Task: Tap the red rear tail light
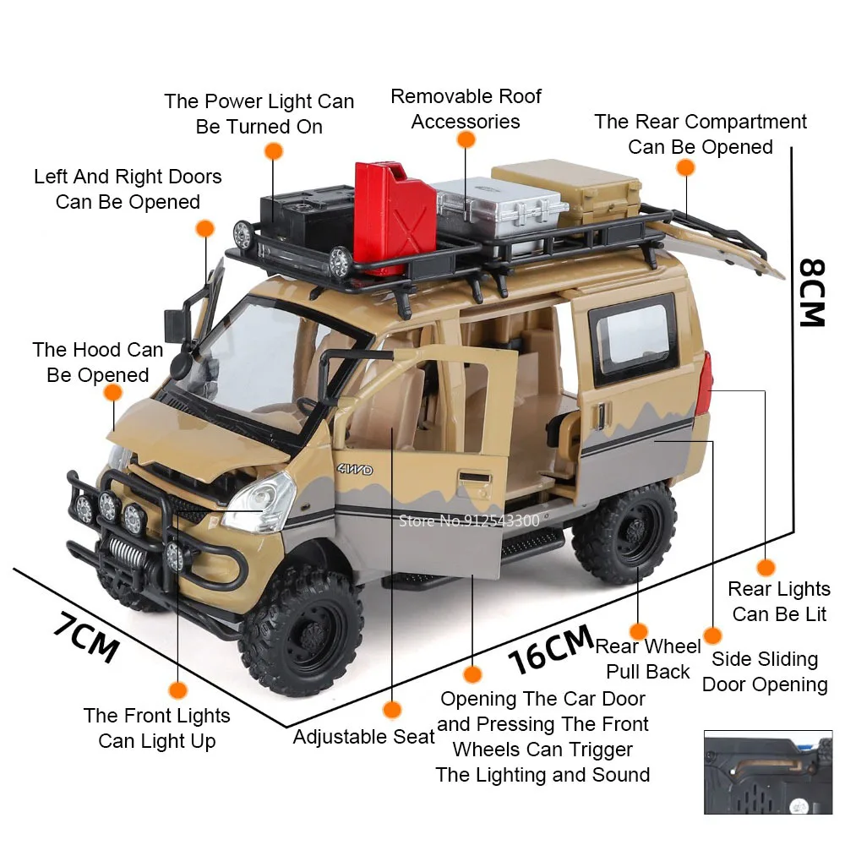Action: coord(703,384)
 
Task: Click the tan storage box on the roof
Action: coord(566,190)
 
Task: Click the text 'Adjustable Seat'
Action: coord(363,737)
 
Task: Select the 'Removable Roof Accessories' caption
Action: coord(466,109)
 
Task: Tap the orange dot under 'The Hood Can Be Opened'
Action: coord(112,394)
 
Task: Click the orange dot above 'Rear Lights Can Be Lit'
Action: coord(766,567)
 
